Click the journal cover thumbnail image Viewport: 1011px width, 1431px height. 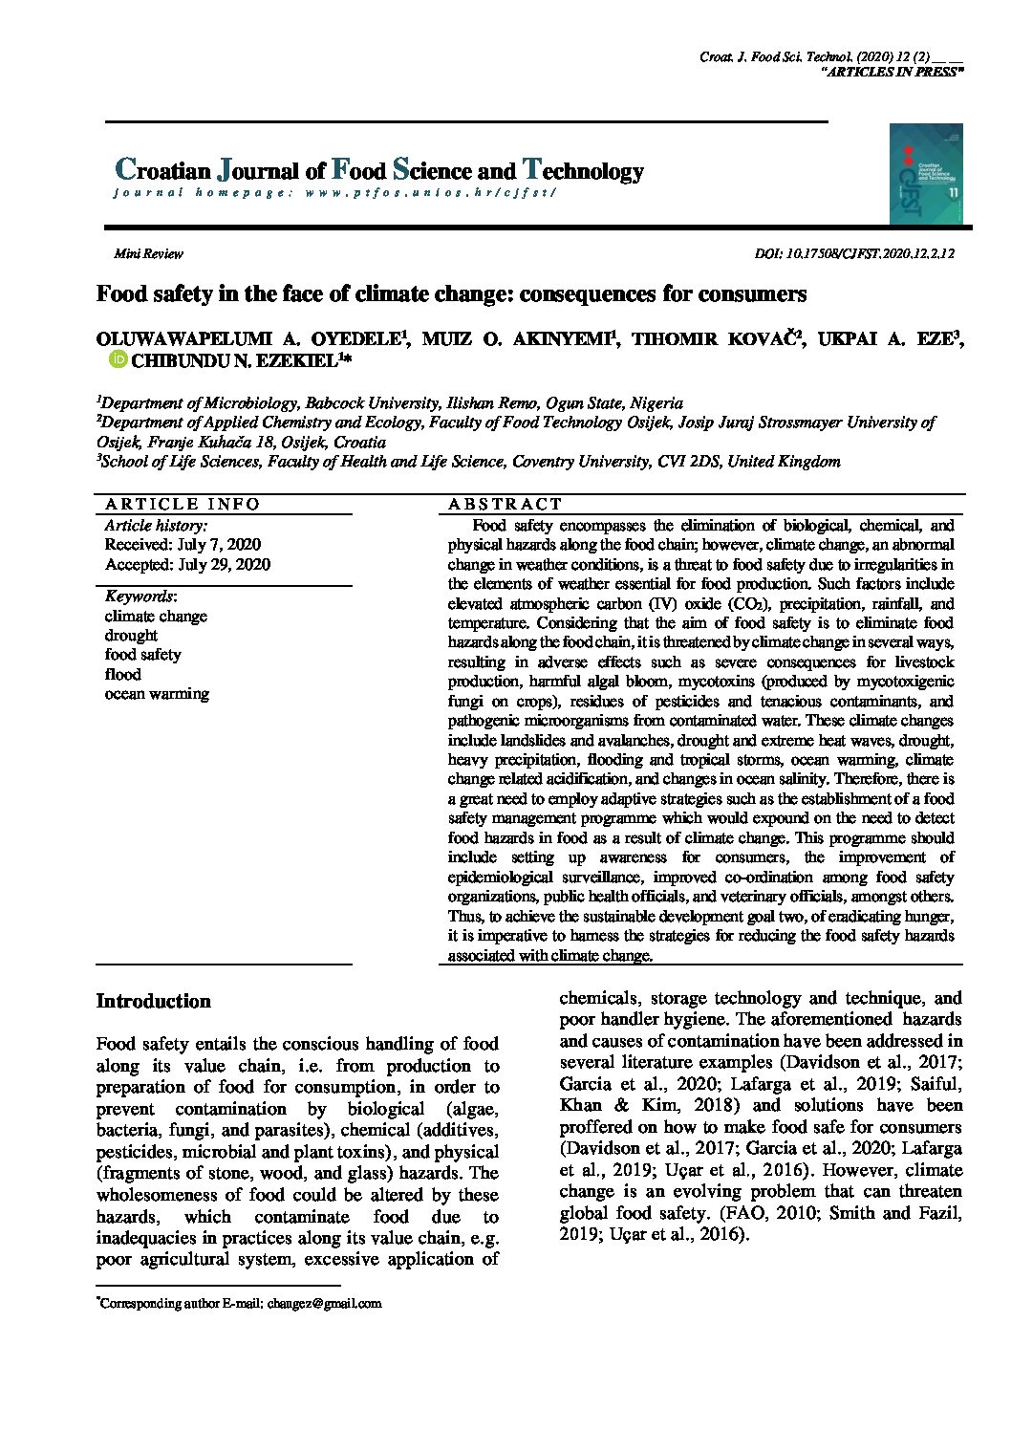pos(925,174)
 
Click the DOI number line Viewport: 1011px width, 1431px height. pos(854,253)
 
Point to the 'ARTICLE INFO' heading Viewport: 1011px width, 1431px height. pos(182,504)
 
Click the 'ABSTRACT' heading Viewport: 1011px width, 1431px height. pos(505,504)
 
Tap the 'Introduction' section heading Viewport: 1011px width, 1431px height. pos(153,1001)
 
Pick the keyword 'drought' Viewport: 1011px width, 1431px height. pos(131,636)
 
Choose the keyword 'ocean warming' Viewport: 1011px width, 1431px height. pos(157,694)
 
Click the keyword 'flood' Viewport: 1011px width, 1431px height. pos(122,674)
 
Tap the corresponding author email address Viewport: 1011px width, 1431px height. pos(324,1303)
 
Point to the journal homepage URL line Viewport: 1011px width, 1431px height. pos(334,193)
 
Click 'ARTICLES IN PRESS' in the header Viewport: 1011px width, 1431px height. pos(893,72)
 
